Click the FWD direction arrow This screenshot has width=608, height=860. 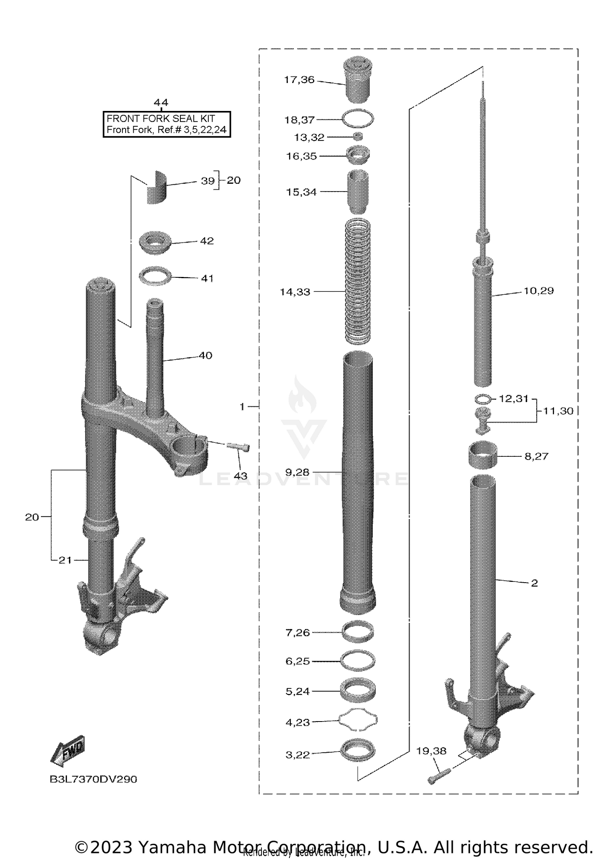[x=68, y=751]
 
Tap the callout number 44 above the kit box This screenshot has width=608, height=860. [x=161, y=102]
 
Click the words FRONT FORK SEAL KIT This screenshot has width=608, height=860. [x=161, y=119]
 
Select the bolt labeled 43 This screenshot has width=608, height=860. [x=238, y=446]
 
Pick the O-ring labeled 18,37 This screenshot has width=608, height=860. [x=358, y=119]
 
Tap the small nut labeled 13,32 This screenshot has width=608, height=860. [x=358, y=136]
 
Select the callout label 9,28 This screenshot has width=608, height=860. [x=297, y=472]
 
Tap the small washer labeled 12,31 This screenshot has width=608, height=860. [x=483, y=399]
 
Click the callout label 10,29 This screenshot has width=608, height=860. [x=538, y=291]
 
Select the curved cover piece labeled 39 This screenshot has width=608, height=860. [x=156, y=187]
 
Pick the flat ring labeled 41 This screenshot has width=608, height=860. [x=155, y=277]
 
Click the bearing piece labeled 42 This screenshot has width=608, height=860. [x=155, y=243]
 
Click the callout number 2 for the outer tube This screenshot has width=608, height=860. [x=534, y=583]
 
